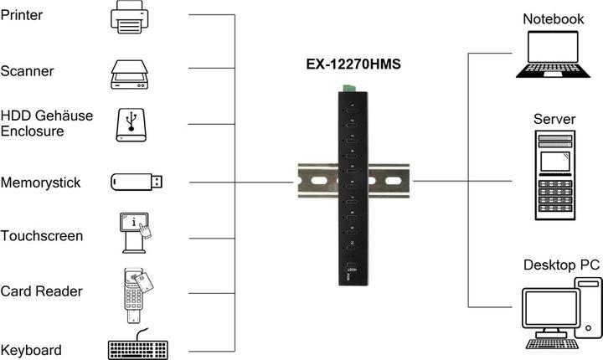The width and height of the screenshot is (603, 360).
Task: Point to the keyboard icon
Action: click(x=139, y=346)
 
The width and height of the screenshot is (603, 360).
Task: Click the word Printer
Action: click(x=22, y=15)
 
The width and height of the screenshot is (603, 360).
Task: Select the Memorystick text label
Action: click(x=41, y=183)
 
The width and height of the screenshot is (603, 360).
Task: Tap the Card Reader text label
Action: click(x=42, y=291)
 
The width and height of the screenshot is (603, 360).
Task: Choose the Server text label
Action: click(x=554, y=119)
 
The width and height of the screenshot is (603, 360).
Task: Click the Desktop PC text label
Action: click(x=561, y=265)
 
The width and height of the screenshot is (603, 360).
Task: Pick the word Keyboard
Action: click(x=32, y=349)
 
